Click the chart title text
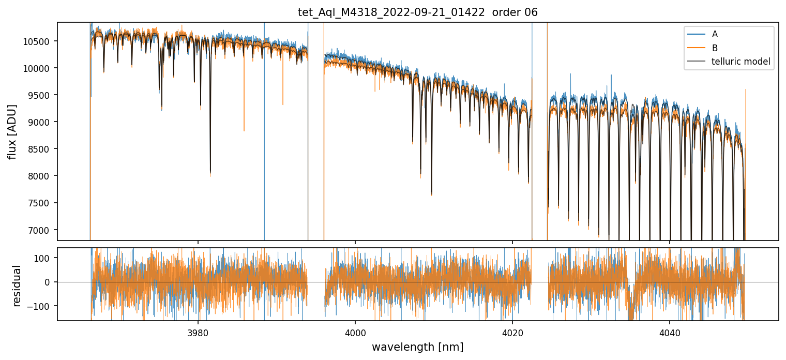417,12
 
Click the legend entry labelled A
715,34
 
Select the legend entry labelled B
715,48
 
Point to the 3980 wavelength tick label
198,331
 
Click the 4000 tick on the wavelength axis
355,331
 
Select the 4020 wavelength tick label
512,331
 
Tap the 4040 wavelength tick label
670,331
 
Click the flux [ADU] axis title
12,131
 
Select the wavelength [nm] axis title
417,347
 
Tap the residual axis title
17,286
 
